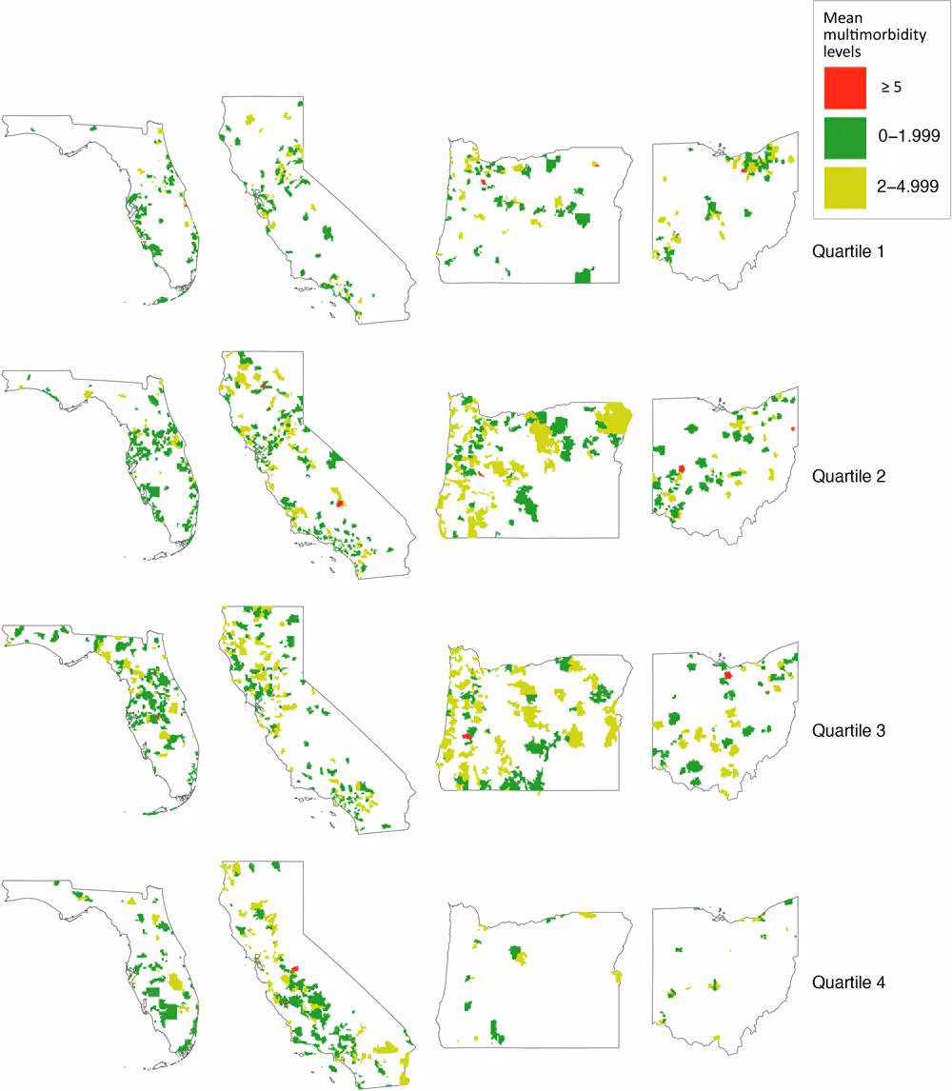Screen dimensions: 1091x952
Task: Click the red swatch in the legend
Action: (x=844, y=87)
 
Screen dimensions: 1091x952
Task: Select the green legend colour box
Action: (x=844, y=137)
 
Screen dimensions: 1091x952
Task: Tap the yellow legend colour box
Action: (x=844, y=188)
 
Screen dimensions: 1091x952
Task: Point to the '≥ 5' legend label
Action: (x=891, y=88)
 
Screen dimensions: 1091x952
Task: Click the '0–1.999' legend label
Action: (x=909, y=137)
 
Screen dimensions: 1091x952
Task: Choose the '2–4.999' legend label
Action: (x=909, y=188)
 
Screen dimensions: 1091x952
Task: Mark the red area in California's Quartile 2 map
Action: (x=341, y=503)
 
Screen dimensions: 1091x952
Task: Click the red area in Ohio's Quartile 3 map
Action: (x=727, y=675)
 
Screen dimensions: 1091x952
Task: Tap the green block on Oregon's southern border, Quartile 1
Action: (x=584, y=276)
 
